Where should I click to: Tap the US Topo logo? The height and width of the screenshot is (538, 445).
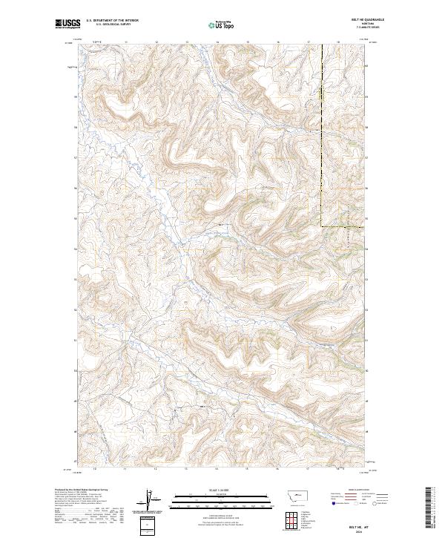point(222,25)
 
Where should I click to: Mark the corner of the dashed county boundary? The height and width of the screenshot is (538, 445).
point(322,226)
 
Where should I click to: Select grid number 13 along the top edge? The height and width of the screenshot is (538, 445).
point(186,42)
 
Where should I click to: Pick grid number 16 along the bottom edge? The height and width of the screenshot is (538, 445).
point(277,469)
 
